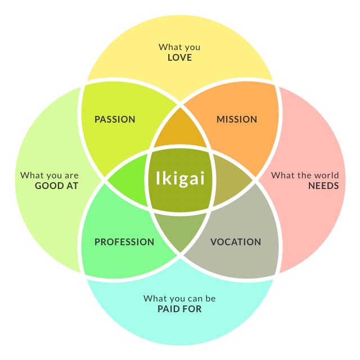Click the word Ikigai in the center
(179, 179)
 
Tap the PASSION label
(115, 119)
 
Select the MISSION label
(237, 119)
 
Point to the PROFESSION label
(124, 242)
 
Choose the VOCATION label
(236, 242)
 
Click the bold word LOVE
(179, 57)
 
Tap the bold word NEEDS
(323, 185)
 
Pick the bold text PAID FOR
(179, 308)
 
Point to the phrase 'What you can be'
(179, 298)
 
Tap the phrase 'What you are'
(49, 175)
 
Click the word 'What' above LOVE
(169, 47)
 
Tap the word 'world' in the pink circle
(327, 175)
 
